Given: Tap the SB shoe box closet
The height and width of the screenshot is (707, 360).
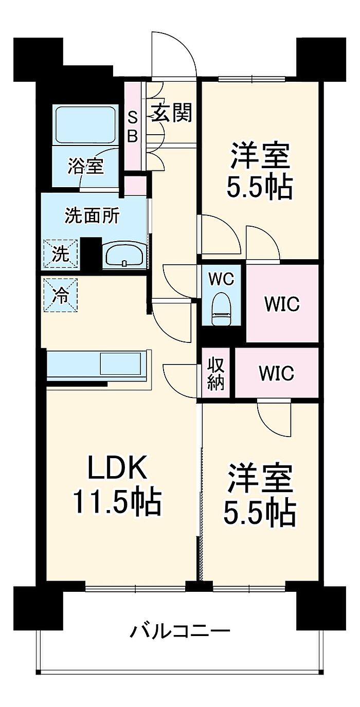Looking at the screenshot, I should click(133, 127).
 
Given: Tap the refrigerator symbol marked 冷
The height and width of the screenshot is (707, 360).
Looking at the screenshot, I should click(61, 295).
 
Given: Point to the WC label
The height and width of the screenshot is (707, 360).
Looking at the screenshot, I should click(221, 279).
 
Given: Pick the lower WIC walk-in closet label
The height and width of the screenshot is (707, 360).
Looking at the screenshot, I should click(277, 373).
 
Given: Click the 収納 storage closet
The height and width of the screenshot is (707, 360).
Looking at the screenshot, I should click(216, 374).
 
